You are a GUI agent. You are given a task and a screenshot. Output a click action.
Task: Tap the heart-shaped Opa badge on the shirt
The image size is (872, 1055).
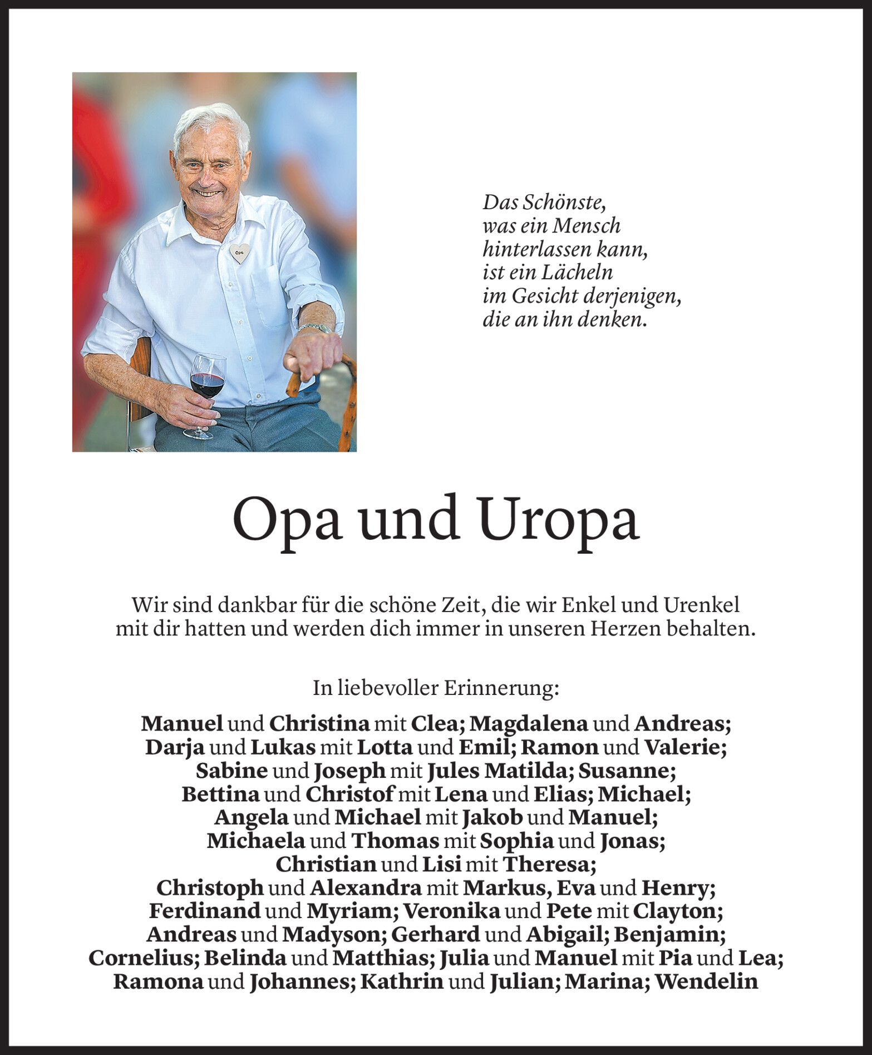point(239,254)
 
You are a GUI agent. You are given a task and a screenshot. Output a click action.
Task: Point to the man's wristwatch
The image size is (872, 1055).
point(314,328)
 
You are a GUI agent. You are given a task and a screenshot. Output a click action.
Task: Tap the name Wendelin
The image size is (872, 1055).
point(707,982)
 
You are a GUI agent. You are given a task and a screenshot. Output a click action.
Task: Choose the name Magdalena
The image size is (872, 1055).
point(529,724)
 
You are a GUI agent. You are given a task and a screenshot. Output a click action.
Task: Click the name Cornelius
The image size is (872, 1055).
point(143,958)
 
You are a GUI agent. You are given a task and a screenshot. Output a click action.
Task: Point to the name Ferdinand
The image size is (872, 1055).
point(205,911)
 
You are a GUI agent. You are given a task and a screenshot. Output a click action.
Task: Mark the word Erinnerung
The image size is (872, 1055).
point(501,688)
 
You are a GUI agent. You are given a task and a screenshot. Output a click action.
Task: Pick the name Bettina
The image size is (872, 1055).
point(220,794)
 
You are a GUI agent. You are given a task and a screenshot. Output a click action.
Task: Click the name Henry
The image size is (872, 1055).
point(674,888)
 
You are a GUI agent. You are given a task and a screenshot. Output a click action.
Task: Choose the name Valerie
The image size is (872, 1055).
point(684,747)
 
